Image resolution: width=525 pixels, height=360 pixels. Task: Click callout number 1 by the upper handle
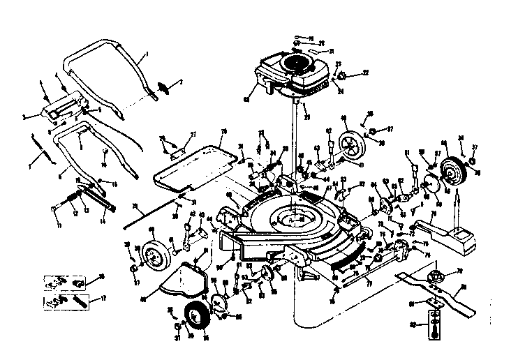coord(147,54)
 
